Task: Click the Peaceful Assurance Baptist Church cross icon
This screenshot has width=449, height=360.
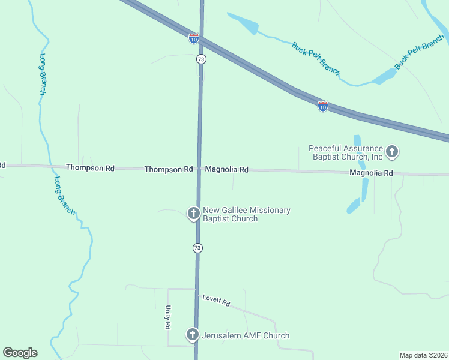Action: [392, 152]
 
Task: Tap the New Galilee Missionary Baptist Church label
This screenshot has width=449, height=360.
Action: [246, 214]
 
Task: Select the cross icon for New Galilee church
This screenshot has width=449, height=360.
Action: [193, 213]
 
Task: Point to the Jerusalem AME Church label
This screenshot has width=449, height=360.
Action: [246, 335]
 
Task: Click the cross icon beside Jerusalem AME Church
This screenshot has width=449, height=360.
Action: [193, 335]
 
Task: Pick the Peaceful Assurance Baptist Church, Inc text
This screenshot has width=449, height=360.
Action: [345, 152]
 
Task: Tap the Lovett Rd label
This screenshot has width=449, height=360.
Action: [216, 301]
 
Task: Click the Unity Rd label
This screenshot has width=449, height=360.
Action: [168, 317]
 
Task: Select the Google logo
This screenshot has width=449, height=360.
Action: [20, 353]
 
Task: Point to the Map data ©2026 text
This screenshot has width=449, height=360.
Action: [424, 355]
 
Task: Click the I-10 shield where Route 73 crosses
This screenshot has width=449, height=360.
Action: [193, 38]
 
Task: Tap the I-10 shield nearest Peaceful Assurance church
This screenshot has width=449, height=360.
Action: [323, 106]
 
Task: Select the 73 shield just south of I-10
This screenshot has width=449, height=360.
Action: [201, 59]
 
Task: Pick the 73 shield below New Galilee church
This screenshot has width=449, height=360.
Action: [197, 248]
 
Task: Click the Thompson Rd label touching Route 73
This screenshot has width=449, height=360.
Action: [168, 170]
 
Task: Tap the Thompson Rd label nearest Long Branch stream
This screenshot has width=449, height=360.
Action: [90, 168]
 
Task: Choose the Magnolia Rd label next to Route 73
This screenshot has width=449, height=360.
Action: [226, 170]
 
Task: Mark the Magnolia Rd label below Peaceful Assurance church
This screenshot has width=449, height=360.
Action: [372, 173]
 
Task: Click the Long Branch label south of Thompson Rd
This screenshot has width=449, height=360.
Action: [64, 195]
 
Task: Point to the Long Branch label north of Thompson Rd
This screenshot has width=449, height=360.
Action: [43, 74]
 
